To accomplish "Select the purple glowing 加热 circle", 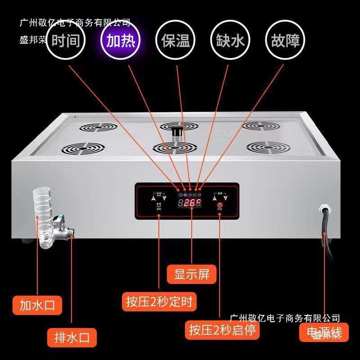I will coord(120,41).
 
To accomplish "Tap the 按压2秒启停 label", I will coord(222,330).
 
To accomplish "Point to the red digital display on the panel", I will coord(189,203).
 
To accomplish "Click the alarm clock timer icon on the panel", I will coord(159,205).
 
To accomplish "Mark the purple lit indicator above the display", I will coord(185,195).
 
